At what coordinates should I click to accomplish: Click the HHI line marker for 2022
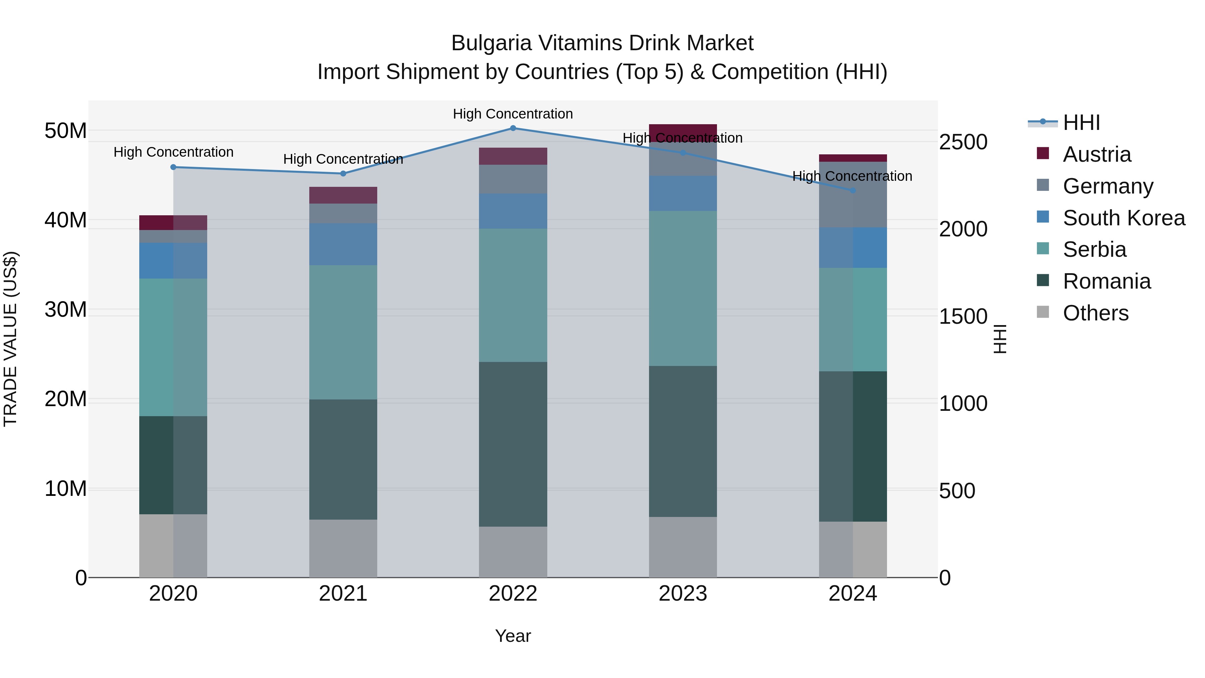point(513,128)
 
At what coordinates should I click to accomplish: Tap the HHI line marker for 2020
point(173,167)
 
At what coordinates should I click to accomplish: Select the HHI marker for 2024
point(852,191)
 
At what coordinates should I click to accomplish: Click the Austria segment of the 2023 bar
point(682,132)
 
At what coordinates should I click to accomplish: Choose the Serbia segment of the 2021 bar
point(343,332)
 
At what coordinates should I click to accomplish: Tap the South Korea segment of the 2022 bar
point(513,211)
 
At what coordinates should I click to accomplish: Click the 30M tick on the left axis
point(66,310)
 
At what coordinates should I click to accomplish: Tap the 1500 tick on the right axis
point(963,317)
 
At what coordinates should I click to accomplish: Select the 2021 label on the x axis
point(343,594)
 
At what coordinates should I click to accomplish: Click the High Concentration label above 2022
point(513,114)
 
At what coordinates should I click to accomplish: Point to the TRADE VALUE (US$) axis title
point(10,339)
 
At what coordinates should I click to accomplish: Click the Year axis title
point(513,636)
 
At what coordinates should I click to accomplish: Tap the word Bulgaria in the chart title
point(491,43)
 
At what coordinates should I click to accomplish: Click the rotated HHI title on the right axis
point(999,339)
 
